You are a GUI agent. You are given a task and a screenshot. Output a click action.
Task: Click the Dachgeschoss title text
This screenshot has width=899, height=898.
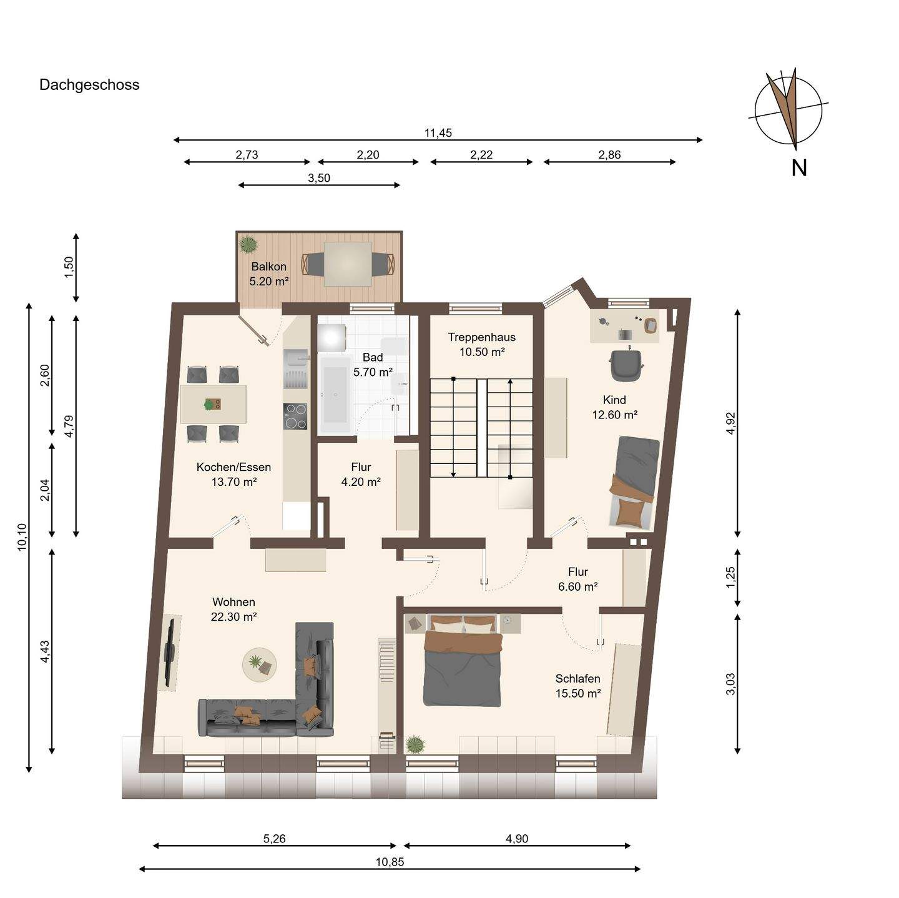click(x=89, y=85)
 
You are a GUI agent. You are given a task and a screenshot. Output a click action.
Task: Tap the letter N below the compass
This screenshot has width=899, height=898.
click(x=798, y=168)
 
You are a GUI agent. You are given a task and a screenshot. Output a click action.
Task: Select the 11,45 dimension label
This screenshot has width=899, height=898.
click(x=438, y=133)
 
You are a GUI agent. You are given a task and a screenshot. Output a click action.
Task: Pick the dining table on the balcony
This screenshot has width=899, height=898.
click(x=348, y=264)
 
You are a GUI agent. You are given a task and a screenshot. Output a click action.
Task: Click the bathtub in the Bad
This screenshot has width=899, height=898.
click(x=335, y=395)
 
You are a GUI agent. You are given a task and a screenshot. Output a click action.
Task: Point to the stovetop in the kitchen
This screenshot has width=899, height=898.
click(x=295, y=416)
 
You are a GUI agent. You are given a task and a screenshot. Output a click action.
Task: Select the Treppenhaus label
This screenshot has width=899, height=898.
click(x=481, y=337)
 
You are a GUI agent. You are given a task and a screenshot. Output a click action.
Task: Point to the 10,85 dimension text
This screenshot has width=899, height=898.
click(x=390, y=862)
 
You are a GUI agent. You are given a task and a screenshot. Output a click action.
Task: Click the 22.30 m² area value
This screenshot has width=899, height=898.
click(x=233, y=616)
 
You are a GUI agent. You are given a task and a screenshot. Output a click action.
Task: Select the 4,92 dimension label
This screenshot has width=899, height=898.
click(x=730, y=423)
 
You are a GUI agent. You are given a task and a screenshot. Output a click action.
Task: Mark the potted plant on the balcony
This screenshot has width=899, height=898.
click(x=248, y=244)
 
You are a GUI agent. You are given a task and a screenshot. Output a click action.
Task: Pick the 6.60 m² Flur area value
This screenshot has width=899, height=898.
click(x=578, y=586)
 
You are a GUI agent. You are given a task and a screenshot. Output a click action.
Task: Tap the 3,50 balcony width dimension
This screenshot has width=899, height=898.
click(x=319, y=178)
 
